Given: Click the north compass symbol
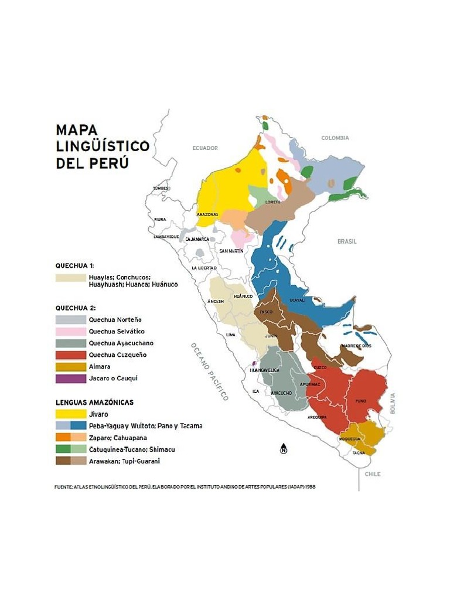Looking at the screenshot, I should (x=284, y=449).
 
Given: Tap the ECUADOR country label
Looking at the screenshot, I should (x=205, y=148).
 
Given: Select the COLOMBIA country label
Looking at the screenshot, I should (x=335, y=138).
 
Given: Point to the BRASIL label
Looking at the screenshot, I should (x=347, y=241).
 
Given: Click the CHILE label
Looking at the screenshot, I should (x=373, y=473).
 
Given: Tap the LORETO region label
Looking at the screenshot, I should (x=273, y=202).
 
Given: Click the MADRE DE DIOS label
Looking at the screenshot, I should (x=356, y=346).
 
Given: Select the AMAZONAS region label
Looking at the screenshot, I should (x=207, y=214).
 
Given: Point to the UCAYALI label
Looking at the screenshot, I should (x=298, y=300).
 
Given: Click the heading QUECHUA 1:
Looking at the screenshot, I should (x=75, y=265).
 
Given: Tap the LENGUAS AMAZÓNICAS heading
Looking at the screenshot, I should (x=94, y=403).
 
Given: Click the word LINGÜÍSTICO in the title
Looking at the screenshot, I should (x=103, y=146).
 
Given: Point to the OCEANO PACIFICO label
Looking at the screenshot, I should (x=209, y=371).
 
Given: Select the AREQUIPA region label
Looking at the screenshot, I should (x=317, y=417).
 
